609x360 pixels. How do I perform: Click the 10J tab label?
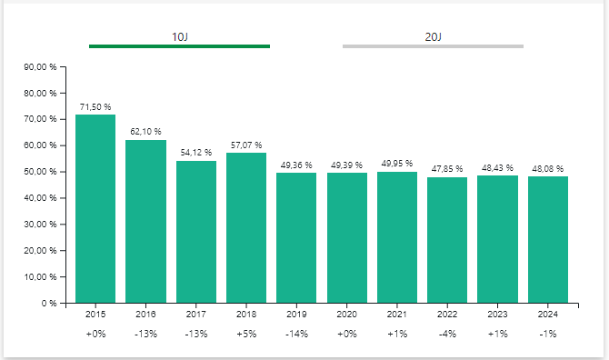pyautogui.click(x=179, y=36)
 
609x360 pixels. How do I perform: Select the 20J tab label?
pyautogui.click(x=433, y=36)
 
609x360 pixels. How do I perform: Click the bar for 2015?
pyautogui.click(x=95, y=208)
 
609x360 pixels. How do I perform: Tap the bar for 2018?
pyautogui.click(x=246, y=227)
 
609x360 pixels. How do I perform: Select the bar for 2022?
pyautogui.click(x=447, y=240)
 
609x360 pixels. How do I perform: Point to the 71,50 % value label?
pyautogui.click(x=95, y=106)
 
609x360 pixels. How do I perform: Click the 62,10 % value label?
pyautogui.click(x=145, y=132)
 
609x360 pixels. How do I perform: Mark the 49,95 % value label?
pyautogui.click(x=397, y=164)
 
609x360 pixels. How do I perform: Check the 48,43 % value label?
pyautogui.click(x=497, y=167)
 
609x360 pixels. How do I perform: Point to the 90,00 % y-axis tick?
pyautogui.click(x=41, y=66)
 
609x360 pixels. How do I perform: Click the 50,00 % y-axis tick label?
pyautogui.click(x=41, y=172)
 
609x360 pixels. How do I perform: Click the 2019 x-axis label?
pyautogui.click(x=296, y=315)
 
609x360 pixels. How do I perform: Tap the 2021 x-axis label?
pyautogui.click(x=397, y=315)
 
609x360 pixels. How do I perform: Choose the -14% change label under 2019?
pyautogui.click(x=296, y=334)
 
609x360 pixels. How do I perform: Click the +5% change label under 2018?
pyautogui.click(x=246, y=334)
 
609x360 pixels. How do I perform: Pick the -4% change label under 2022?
pyautogui.click(x=447, y=334)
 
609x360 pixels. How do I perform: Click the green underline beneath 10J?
pyautogui.click(x=179, y=45)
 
